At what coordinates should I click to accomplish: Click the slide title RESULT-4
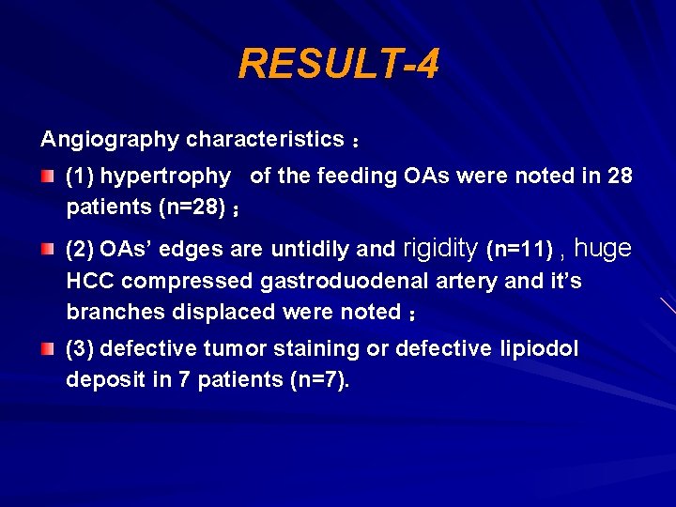338,65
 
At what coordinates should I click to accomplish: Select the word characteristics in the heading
265,140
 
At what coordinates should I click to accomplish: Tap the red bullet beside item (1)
48,176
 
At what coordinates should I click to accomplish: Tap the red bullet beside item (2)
48,249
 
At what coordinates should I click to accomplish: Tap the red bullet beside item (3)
48,349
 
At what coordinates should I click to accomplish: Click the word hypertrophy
165,177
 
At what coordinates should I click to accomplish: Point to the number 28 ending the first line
620,177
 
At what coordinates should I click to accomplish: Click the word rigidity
440,249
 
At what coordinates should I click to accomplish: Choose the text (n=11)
519,250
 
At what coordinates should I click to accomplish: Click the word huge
602,249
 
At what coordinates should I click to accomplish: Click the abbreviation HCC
90,281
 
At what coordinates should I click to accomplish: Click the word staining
315,349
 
